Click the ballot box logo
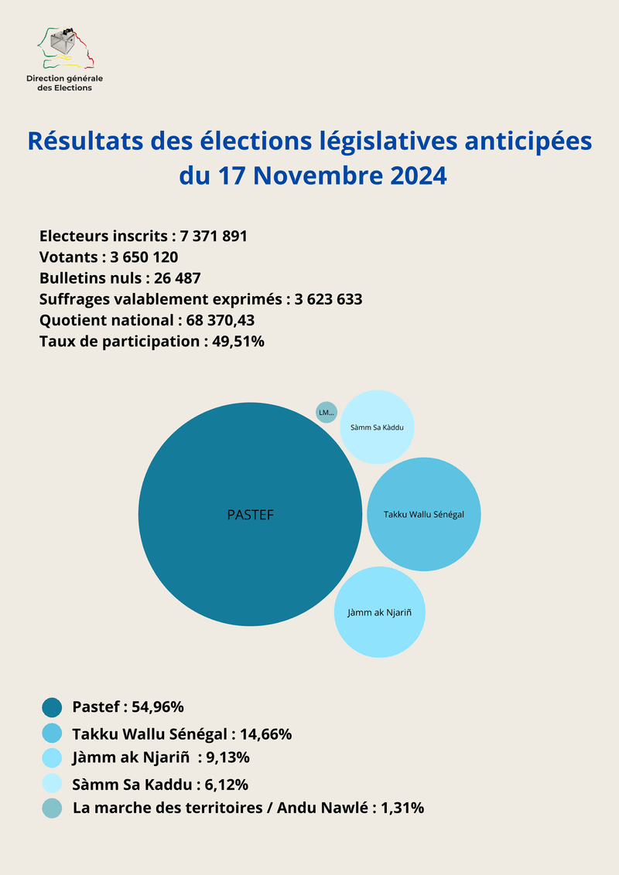[x=65, y=49]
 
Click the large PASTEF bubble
[x=250, y=514]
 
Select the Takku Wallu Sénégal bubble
[x=424, y=514]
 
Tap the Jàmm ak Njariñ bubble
[x=379, y=612]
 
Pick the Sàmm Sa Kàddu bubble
[x=377, y=427]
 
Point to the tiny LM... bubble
[x=327, y=413]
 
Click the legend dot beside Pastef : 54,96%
[x=52, y=706]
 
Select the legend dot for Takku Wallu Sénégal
[x=52, y=733]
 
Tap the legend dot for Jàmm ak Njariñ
[x=52, y=757]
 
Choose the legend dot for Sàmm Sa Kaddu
[x=52, y=784]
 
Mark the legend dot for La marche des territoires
[x=52, y=809]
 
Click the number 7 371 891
[x=214, y=237]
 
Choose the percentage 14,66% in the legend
[x=266, y=734]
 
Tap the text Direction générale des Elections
[x=64, y=83]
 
